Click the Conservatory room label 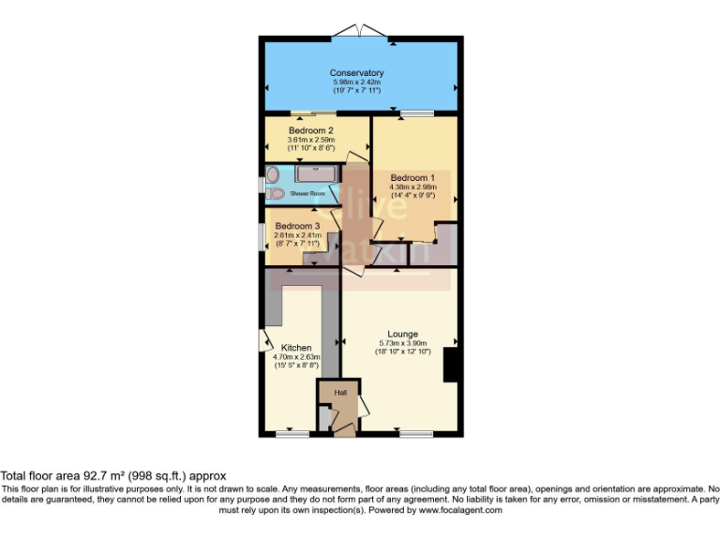click(356, 73)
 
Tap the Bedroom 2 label click(310, 130)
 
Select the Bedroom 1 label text click(412, 177)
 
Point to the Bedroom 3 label click(297, 226)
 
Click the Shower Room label click(307, 193)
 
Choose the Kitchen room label click(296, 348)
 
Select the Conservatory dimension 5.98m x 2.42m click(356, 82)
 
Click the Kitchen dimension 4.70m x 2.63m click(296, 357)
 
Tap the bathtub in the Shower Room click(318, 173)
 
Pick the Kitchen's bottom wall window click(292, 433)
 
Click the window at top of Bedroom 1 click(416, 114)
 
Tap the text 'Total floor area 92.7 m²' click(74, 476)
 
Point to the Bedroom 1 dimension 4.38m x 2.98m click(412, 187)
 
